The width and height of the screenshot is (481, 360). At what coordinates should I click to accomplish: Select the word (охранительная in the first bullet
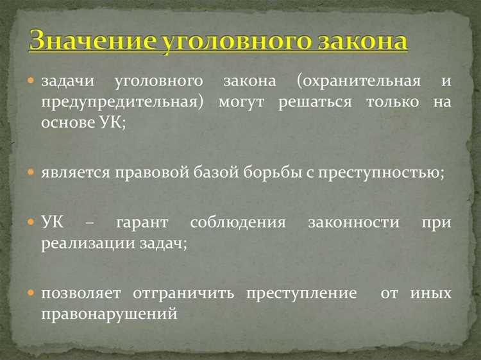359,82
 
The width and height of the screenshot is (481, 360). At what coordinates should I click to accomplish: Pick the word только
392,102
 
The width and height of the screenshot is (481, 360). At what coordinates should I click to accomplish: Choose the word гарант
142,223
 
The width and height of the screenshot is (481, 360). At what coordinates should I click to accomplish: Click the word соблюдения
240,223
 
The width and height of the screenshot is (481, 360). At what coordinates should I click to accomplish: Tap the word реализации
81,243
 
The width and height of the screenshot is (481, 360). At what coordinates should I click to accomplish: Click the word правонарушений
109,313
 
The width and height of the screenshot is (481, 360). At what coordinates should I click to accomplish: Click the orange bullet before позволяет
31,293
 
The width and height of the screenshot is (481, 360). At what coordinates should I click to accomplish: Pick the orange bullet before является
31,172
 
